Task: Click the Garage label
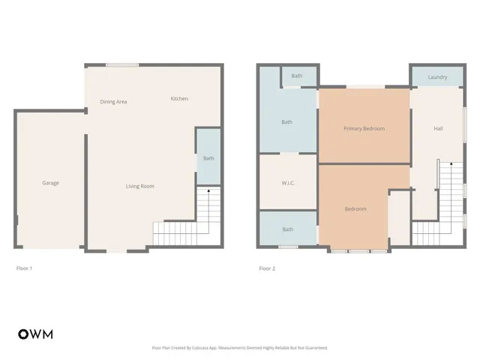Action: click(x=50, y=183)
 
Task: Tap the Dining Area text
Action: click(x=113, y=101)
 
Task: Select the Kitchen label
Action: click(x=179, y=99)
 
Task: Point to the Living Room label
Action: click(x=139, y=186)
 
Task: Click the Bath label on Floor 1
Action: click(x=208, y=158)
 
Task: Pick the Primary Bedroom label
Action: click(x=364, y=128)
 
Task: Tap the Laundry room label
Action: click(x=437, y=77)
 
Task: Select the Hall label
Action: click(x=438, y=128)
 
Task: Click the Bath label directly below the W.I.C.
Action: click(x=288, y=229)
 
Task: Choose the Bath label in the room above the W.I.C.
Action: click(x=286, y=122)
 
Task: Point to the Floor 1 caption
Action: click(x=24, y=268)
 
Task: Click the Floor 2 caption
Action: click(x=267, y=268)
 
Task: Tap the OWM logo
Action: click(x=35, y=334)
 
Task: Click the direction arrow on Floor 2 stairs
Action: click(x=451, y=164)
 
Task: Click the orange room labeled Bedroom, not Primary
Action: click(x=355, y=208)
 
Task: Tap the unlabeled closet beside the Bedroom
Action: click(x=399, y=217)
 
